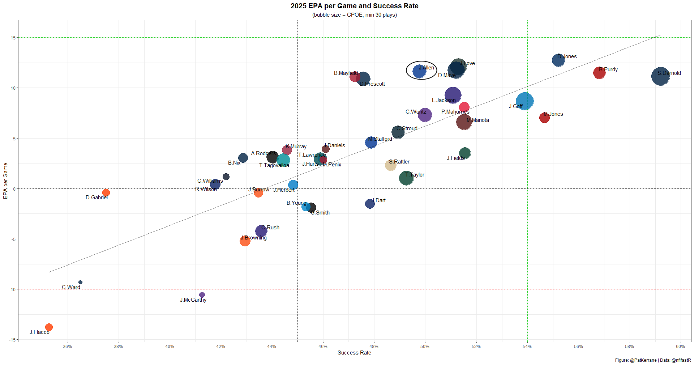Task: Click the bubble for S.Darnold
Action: coord(660,76)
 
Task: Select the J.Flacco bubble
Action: coord(49,327)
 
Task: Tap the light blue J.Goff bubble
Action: coord(524,101)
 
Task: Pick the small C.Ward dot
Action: coord(80,282)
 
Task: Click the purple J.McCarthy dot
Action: coord(202,295)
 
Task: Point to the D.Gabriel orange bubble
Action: coord(106,192)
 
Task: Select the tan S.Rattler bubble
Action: coord(390,165)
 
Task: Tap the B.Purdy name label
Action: coord(608,69)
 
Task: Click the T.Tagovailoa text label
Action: coord(274,165)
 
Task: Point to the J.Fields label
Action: coord(455,158)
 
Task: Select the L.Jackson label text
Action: coord(444,100)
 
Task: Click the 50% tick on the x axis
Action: coord(425,347)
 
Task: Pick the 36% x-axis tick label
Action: coord(67,347)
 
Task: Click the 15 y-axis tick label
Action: coord(13,38)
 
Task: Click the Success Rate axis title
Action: coord(354,353)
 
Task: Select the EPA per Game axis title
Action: coord(5,181)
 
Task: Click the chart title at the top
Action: coord(354,6)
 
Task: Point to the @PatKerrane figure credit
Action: coord(643,360)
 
